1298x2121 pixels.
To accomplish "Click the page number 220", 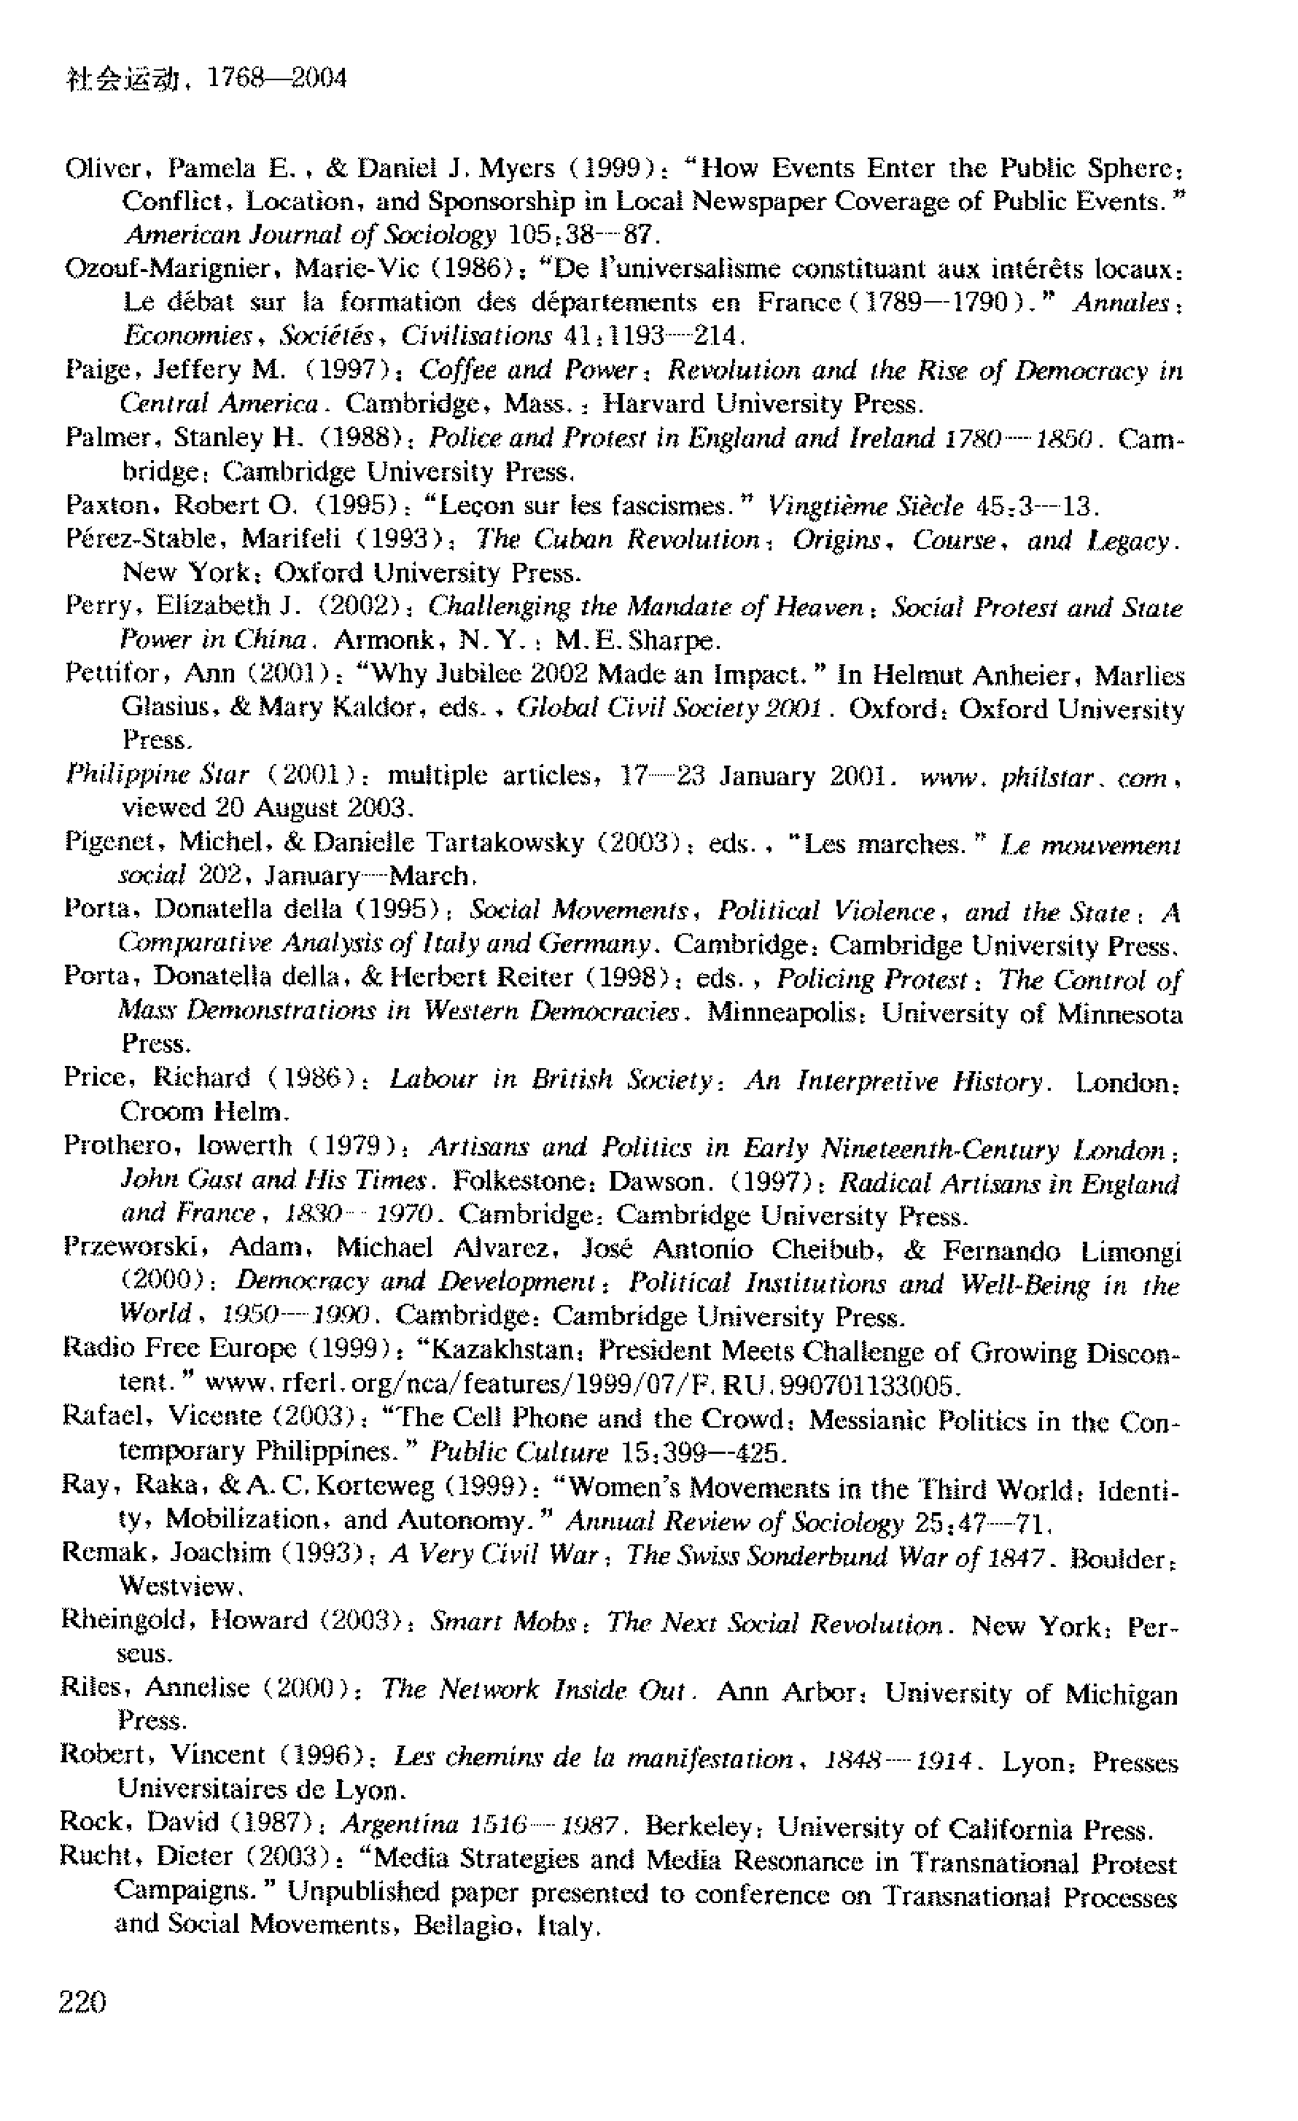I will [82, 2002].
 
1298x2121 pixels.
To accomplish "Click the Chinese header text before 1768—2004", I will [120, 80].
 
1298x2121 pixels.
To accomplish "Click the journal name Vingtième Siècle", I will [865, 505].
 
